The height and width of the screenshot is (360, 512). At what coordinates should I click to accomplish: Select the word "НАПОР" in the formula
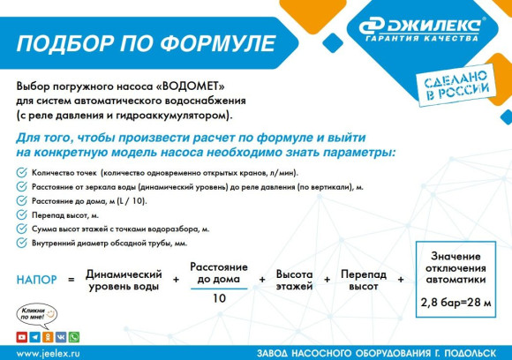pyautogui.click(x=36, y=280)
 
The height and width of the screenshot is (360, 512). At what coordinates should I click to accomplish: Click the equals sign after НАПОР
pyautogui.click(x=71, y=280)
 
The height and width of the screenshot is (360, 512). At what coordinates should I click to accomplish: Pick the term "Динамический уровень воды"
pyautogui.click(x=124, y=281)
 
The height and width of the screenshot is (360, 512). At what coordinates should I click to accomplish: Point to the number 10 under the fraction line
pyautogui.click(x=218, y=298)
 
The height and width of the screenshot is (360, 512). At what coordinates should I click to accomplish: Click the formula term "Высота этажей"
pyautogui.click(x=294, y=281)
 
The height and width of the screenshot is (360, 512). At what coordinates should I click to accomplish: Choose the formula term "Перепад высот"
pyautogui.click(x=364, y=281)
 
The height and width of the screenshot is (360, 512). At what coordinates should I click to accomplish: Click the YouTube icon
pyautogui.click(x=21, y=337)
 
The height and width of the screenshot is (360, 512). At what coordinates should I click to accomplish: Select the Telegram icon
pyautogui.click(x=34, y=337)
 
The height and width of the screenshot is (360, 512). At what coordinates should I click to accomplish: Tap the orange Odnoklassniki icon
pyautogui.click(x=48, y=337)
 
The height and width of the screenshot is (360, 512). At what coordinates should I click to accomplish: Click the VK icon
pyautogui.click(x=61, y=337)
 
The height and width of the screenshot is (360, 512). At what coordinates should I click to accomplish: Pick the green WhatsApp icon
pyautogui.click(x=74, y=337)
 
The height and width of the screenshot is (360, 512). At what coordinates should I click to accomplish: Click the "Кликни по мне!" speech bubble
pyautogui.click(x=36, y=313)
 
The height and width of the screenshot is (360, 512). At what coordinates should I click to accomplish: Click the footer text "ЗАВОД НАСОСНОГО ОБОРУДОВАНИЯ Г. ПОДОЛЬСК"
pyautogui.click(x=378, y=352)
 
